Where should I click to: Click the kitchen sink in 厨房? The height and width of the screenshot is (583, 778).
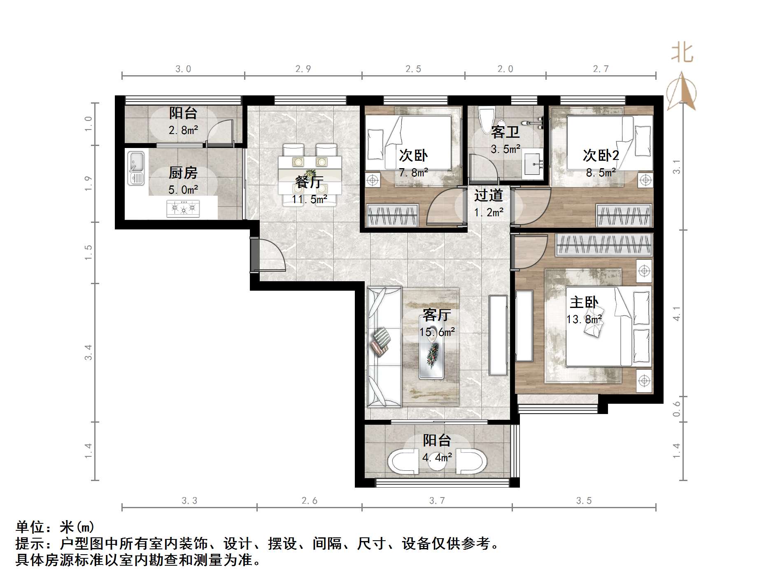tap(136, 168)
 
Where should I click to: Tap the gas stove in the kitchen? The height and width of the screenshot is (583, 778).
tap(183, 209)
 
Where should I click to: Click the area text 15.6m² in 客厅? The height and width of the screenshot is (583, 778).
tap(437, 332)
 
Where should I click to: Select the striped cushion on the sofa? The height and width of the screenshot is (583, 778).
tap(380, 341)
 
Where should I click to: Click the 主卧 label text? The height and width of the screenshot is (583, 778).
tap(584, 303)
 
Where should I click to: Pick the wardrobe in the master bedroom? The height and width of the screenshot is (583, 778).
tap(604, 245)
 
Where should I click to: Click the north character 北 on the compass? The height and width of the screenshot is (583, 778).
tap(682, 53)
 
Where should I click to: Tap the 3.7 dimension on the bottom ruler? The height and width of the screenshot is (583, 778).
tap(437, 500)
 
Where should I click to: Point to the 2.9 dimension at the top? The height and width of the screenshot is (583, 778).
tap(303, 69)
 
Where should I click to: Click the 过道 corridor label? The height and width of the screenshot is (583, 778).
tap(489, 195)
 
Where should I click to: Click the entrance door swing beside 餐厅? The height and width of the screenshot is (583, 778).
tap(270, 255)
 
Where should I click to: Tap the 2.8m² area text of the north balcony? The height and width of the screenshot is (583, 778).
tap(183, 130)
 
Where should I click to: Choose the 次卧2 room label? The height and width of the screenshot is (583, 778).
tap(601, 155)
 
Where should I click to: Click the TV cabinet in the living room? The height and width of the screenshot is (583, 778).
tap(498, 335)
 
